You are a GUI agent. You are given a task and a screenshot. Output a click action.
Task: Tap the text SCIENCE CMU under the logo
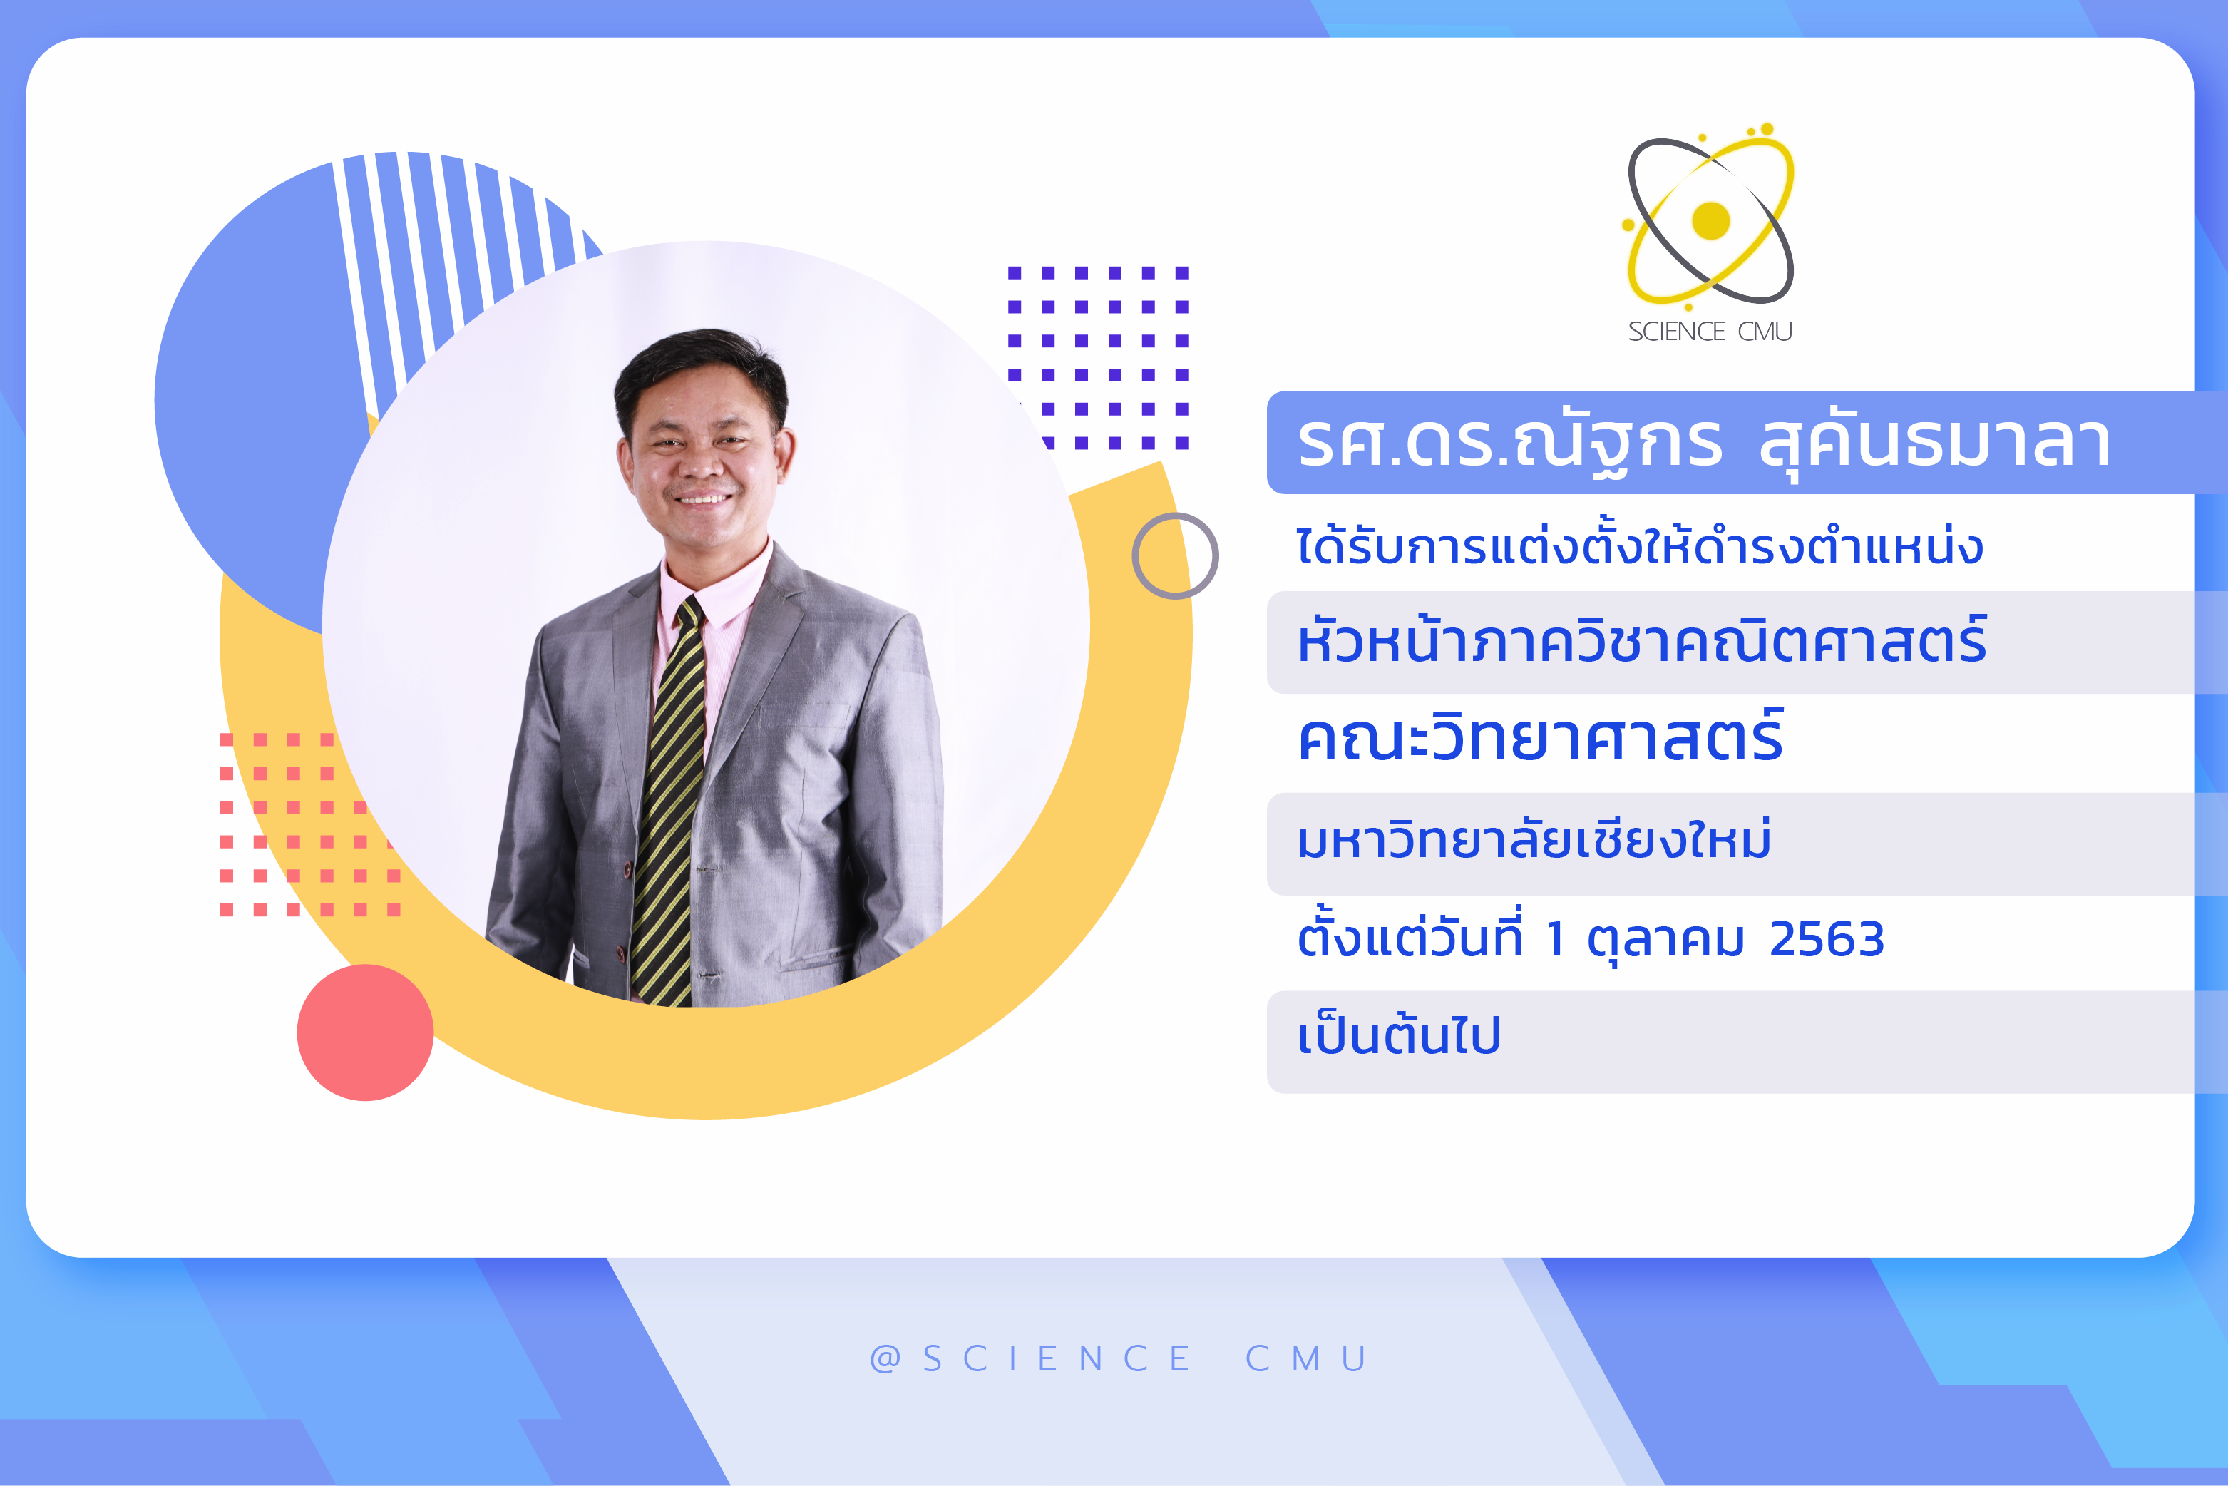(x=1710, y=332)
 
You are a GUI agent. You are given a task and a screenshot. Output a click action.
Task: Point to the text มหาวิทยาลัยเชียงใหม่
(x=1534, y=838)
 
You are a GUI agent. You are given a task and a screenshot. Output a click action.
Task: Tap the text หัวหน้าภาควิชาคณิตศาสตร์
(x=1641, y=640)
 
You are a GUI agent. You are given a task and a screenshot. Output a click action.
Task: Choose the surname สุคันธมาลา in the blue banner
(x=1934, y=444)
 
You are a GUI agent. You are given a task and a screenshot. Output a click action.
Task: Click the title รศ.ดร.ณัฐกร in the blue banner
(x=1509, y=443)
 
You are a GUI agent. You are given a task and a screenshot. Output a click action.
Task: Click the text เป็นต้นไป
(x=1399, y=1034)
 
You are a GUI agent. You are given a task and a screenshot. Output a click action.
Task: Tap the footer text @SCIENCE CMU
(x=1118, y=1358)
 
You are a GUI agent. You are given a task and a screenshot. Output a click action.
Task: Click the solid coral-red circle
(x=365, y=1032)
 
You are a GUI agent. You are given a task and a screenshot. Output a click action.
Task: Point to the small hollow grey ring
(x=1175, y=513)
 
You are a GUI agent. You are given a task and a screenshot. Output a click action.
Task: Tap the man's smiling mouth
(x=703, y=498)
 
